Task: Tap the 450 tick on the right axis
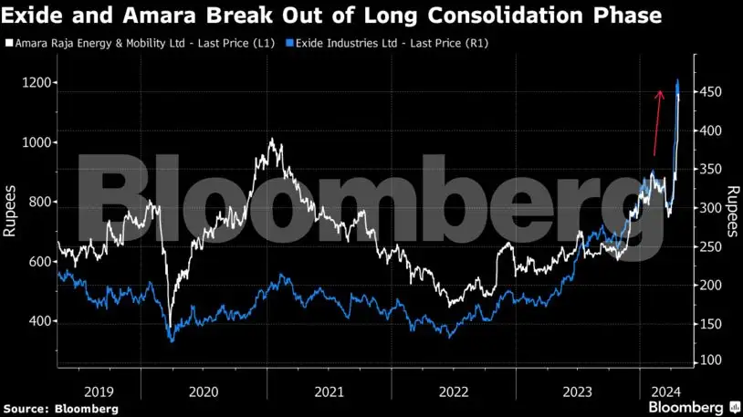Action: tap(711, 92)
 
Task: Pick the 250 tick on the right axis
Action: tap(711, 246)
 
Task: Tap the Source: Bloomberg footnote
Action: tap(60, 409)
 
